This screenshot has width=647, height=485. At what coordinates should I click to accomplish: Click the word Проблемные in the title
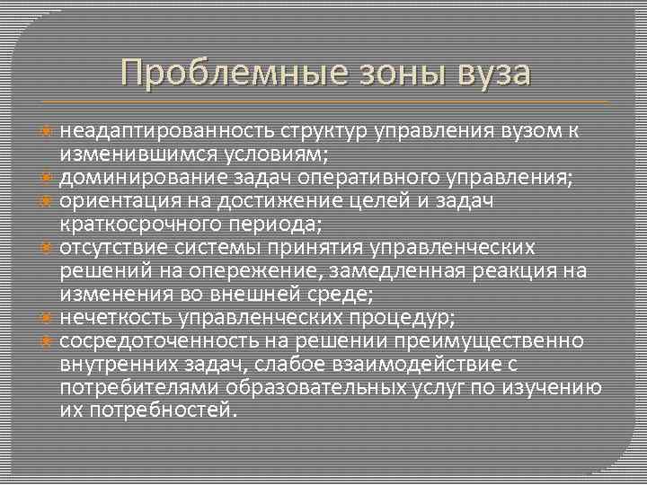225,71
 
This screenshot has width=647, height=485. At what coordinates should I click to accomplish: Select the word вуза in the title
492,71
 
